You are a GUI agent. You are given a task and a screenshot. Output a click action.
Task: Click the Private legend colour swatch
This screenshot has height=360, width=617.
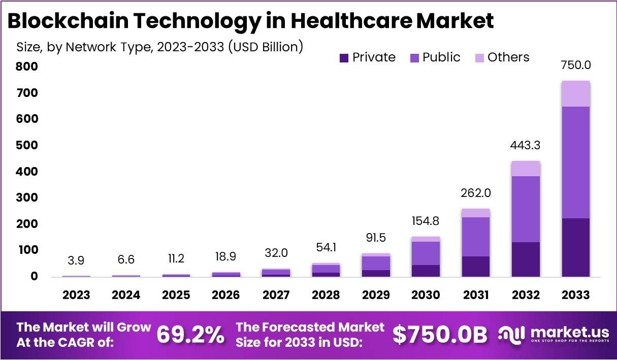pyautogui.click(x=344, y=58)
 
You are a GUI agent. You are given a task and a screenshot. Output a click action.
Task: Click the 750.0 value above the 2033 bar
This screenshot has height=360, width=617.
pyautogui.click(x=575, y=65)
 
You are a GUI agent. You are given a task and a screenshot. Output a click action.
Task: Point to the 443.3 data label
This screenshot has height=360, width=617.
pyautogui.click(x=526, y=145)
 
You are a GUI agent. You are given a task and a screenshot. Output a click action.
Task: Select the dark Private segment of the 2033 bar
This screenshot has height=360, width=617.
pyautogui.click(x=575, y=247)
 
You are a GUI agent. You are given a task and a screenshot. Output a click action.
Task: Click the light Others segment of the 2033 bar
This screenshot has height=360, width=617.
pyautogui.click(x=575, y=93)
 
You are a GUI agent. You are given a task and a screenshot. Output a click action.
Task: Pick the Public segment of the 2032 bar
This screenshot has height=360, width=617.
pyautogui.click(x=526, y=209)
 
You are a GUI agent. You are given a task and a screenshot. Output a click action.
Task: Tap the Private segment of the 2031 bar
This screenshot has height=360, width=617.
pyautogui.click(x=476, y=266)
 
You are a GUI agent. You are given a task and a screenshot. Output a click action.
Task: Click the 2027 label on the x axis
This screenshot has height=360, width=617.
pyautogui.click(x=276, y=295)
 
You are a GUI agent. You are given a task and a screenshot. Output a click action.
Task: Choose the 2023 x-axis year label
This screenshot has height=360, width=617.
pyautogui.click(x=76, y=295)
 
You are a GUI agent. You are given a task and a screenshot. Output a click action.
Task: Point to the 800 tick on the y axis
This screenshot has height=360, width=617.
pyautogui.click(x=26, y=67)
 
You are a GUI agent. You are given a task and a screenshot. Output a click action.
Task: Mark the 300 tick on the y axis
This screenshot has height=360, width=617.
pyautogui.click(x=26, y=198)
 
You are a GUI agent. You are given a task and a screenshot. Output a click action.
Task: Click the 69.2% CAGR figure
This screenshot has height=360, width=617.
pyautogui.click(x=190, y=335)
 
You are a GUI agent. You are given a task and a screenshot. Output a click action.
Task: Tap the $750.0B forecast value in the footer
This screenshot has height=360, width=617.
pyautogui.click(x=440, y=335)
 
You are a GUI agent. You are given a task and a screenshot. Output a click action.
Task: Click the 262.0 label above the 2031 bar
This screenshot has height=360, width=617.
pyautogui.click(x=476, y=193)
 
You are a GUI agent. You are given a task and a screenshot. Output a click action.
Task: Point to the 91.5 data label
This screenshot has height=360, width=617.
pyautogui.click(x=376, y=238)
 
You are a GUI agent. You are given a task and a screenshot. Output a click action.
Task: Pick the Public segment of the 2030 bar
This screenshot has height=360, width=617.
pyautogui.click(x=426, y=253)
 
